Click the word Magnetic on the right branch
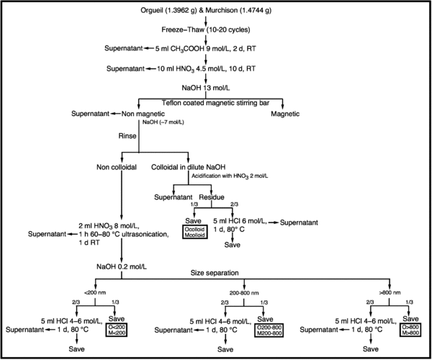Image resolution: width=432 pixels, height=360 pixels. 286,114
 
